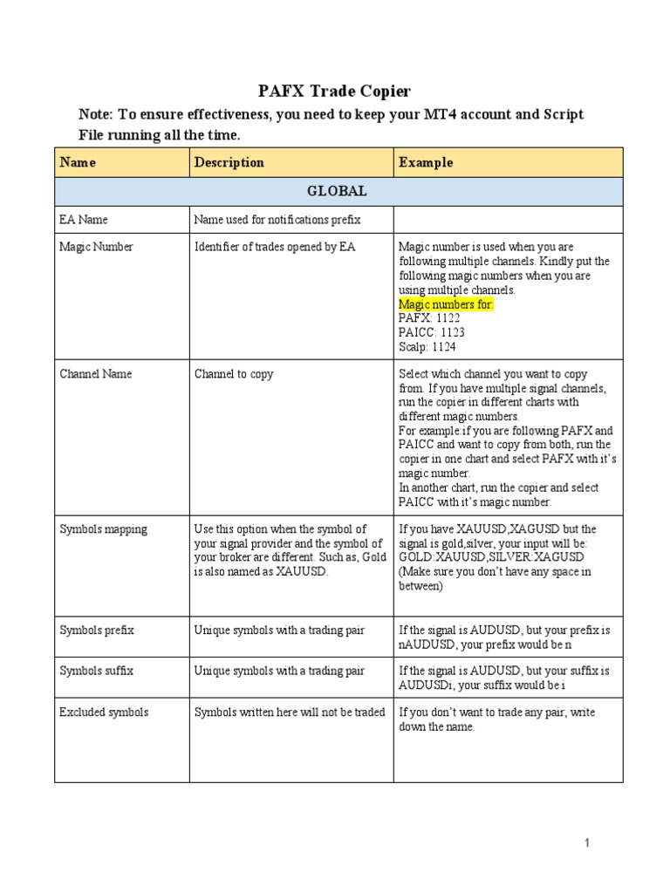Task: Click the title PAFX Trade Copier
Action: (x=334, y=91)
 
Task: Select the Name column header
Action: (x=78, y=162)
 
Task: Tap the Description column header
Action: (x=229, y=162)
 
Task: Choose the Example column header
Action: (x=426, y=162)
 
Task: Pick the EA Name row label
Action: (x=84, y=220)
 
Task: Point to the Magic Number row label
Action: (x=96, y=247)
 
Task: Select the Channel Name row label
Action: (x=96, y=374)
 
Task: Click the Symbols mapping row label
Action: (x=103, y=528)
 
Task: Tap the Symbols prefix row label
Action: (x=97, y=630)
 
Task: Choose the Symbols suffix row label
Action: (x=96, y=671)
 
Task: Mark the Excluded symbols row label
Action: (x=104, y=712)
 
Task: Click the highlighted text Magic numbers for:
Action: (x=447, y=304)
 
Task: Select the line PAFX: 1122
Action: (x=429, y=318)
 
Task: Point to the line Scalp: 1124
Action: (x=427, y=346)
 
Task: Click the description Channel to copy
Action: (x=234, y=374)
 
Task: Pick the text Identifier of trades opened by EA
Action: (x=275, y=247)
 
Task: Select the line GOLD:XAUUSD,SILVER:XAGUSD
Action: (x=491, y=557)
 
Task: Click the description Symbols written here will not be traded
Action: (x=290, y=712)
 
